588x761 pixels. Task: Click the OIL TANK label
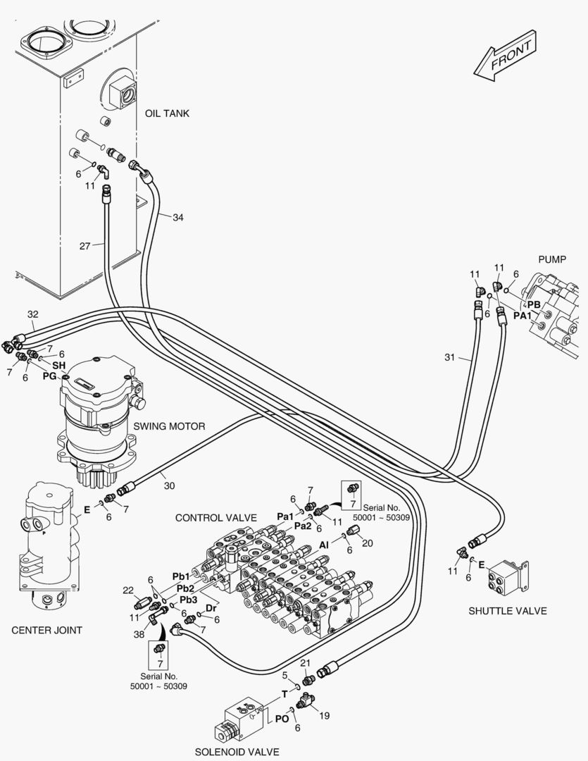point(167,113)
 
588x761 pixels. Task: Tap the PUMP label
point(551,259)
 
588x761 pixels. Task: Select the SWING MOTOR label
point(169,426)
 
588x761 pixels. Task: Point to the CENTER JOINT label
point(47,630)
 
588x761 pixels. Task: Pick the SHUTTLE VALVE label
point(507,610)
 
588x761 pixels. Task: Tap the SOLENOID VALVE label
point(237,752)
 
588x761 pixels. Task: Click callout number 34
point(177,218)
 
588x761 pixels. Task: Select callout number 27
point(85,246)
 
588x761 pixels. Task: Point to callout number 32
point(32,314)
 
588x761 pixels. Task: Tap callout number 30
point(169,485)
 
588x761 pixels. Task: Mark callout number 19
point(324,716)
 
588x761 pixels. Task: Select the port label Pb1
point(180,577)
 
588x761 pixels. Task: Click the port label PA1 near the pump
point(522,316)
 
